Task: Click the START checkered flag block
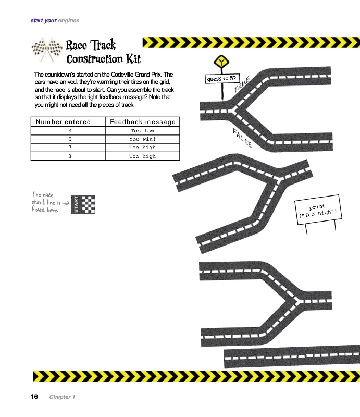[83, 204]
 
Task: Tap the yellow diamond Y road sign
[221, 62]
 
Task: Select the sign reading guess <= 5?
[222, 79]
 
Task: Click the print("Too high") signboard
[318, 210]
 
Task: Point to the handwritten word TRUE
[242, 84]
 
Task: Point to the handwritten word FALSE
[242, 138]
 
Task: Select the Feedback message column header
[143, 122]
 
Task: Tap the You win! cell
[143, 139]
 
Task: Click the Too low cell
[143, 131]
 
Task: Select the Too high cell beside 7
[143, 148]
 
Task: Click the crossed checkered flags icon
[47, 50]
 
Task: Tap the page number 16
[34, 397]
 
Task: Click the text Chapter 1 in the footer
[62, 397]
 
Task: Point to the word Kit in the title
[133, 59]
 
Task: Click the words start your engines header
[55, 20]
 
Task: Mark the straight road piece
[292, 357]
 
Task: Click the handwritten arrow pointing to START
[66, 203]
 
